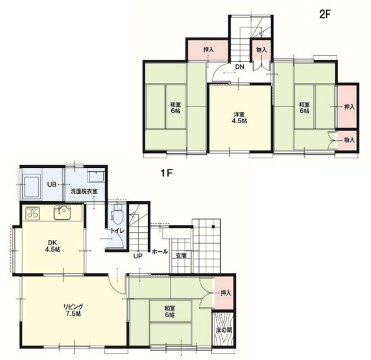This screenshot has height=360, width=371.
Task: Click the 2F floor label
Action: point(324,14)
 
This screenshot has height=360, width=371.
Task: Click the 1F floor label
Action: point(166,173)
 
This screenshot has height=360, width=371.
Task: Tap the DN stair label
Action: point(239,67)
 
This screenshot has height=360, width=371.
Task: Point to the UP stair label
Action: point(138,256)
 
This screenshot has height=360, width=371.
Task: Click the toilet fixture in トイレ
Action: point(117,215)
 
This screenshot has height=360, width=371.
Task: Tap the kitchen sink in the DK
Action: point(62,213)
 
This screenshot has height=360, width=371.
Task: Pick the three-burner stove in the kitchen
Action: point(33,213)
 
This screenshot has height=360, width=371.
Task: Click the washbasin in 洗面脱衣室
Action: point(96,176)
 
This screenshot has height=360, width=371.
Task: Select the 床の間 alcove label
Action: point(224,330)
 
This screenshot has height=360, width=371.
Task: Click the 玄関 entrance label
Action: point(181,256)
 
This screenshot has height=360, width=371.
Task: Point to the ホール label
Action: point(160,252)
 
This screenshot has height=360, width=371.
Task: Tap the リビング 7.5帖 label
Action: point(73,310)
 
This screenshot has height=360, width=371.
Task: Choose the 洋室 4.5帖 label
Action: point(239,117)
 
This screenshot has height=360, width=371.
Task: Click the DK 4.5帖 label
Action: point(52,246)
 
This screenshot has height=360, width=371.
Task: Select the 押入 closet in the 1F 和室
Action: point(224,293)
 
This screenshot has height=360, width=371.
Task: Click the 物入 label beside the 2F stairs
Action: point(261,50)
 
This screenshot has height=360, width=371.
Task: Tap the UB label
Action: point(52,184)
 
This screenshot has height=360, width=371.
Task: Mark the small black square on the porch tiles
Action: point(213,227)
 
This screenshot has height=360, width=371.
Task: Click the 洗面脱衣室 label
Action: point(84,191)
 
